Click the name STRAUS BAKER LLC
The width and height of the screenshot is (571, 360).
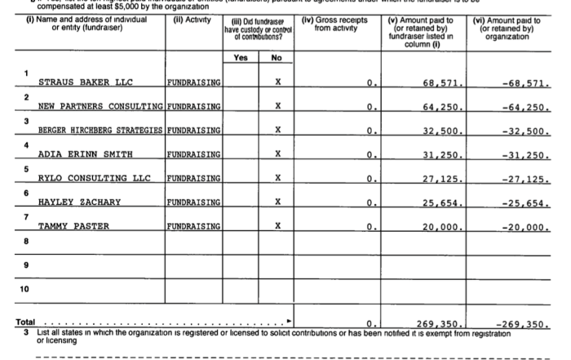tap(86, 82)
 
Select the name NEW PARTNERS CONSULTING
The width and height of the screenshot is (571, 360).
tap(100, 107)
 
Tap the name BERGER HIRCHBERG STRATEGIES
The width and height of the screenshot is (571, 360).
tap(100, 131)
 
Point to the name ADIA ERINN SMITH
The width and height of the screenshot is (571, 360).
tap(86, 154)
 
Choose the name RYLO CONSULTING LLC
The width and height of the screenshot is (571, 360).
tap(95, 178)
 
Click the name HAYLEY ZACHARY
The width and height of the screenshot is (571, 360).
tap(79, 202)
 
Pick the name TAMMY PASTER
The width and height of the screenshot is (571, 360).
tap(73, 225)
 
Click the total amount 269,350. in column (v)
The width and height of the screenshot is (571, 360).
tap(440, 324)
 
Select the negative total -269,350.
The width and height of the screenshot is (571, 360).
tap(522, 324)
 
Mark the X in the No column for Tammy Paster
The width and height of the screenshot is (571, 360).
tap(278, 225)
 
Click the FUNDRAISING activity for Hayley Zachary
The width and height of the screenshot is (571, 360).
tap(194, 202)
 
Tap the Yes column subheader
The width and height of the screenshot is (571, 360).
tap(241, 58)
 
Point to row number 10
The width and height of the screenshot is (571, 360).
tap(24, 288)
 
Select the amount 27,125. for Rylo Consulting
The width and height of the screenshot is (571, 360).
tap(444, 178)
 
